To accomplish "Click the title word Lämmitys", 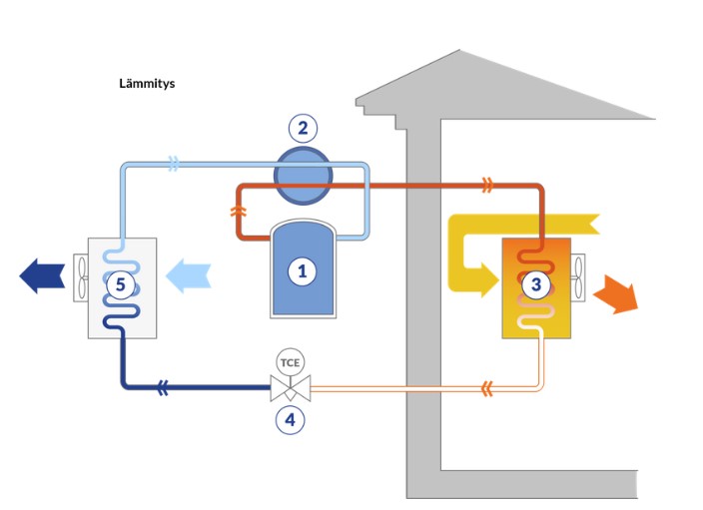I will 147,84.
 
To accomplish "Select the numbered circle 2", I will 303,128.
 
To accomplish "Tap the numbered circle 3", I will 536,284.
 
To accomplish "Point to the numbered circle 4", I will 290,419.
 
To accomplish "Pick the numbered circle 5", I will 121,285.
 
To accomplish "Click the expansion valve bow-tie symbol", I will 290,387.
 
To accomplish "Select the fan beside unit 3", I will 578,277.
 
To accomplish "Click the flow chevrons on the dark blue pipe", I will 163,389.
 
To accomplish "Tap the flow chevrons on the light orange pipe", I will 486,387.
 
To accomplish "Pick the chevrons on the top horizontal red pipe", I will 486,185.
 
